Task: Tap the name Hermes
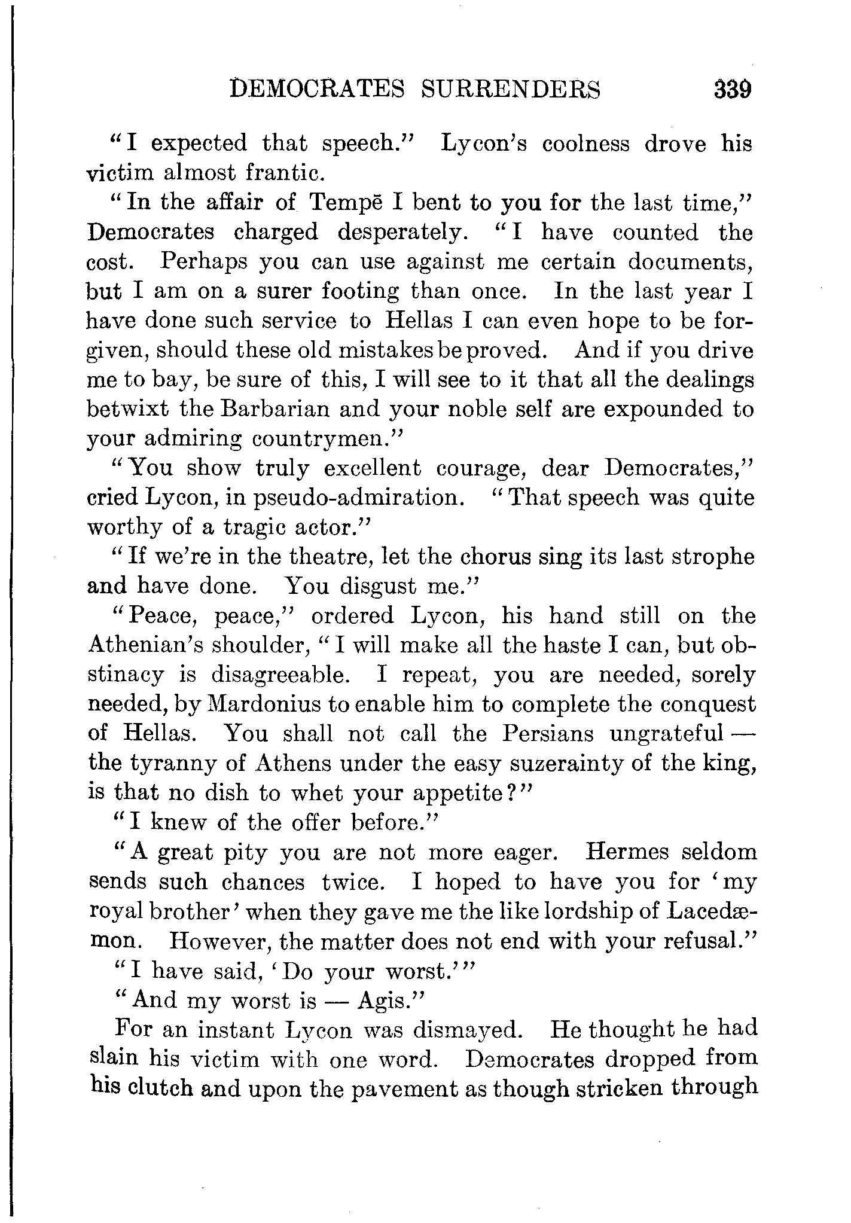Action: [627, 852]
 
